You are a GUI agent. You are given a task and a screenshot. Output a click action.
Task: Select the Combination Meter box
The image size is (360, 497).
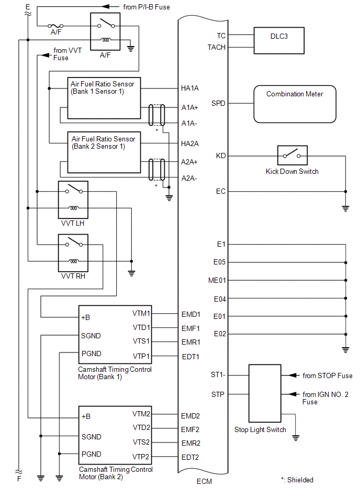(x=295, y=104)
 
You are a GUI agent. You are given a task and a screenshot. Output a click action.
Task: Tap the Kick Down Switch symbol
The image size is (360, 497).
(x=292, y=156)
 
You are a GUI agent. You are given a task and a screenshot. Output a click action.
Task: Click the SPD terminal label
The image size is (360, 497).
(x=219, y=103)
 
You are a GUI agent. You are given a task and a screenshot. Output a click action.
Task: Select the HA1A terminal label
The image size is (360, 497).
(x=190, y=88)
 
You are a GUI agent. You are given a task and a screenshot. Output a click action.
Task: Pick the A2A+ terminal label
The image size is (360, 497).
(x=189, y=162)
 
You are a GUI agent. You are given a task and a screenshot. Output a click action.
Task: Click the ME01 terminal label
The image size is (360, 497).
(x=217, y=280)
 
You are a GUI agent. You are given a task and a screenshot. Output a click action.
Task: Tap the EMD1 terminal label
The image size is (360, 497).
(x=191, y=314)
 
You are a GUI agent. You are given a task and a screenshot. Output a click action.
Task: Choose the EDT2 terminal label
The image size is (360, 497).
(x=190, y=457)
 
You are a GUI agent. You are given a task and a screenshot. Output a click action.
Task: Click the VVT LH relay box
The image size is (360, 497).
(x=73, y=200)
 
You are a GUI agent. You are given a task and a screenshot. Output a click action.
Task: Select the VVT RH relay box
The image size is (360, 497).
(x=73, y=253)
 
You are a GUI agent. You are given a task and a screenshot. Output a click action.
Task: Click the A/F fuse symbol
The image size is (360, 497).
(x=56, y=25)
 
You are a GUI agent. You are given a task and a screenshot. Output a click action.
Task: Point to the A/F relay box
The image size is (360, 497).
(x=109, y=31)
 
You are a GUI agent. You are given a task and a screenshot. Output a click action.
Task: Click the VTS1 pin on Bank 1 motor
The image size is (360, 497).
(x=141, y=341)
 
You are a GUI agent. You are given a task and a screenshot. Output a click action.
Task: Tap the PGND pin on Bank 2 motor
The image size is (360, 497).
(x=92, y=454)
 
